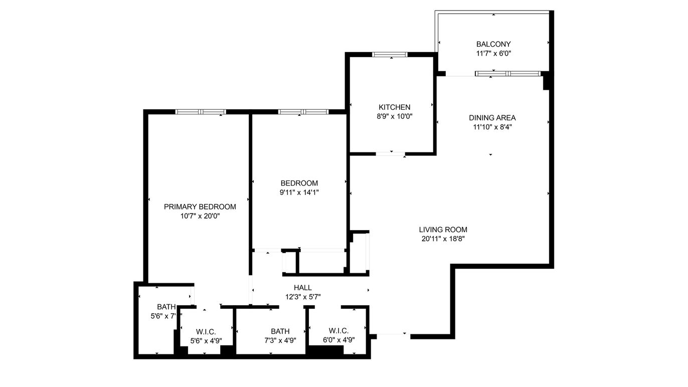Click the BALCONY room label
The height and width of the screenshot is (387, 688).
pos(493,44)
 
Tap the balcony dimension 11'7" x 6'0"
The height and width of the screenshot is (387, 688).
pos(493,53)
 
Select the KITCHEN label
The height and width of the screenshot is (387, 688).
pos(394,107)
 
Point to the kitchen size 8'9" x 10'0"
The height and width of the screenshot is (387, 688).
pos(394,116)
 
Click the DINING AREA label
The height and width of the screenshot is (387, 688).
pos(492,118)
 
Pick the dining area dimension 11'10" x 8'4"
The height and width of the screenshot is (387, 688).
pos(492,127)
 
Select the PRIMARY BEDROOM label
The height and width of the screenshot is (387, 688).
pos(200,207)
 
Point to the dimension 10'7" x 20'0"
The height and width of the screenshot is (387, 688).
pos(200,216)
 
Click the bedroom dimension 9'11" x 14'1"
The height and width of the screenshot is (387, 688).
pos(299,192)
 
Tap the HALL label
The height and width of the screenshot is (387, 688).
pos(302,288)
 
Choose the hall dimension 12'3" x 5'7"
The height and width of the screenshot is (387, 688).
pos(302,297)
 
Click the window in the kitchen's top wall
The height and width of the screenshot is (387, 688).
pos(390,55)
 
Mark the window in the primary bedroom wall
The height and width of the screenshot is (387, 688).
pos(200,112)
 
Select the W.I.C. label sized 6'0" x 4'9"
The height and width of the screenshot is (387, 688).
pos(338,331)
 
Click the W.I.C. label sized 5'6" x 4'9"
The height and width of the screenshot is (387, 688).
pos(206,332)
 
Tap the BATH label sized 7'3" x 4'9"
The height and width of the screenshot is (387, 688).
pos(280,331)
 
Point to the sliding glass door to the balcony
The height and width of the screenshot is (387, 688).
pos(507,74)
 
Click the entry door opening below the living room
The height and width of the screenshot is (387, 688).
pos(392,335)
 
